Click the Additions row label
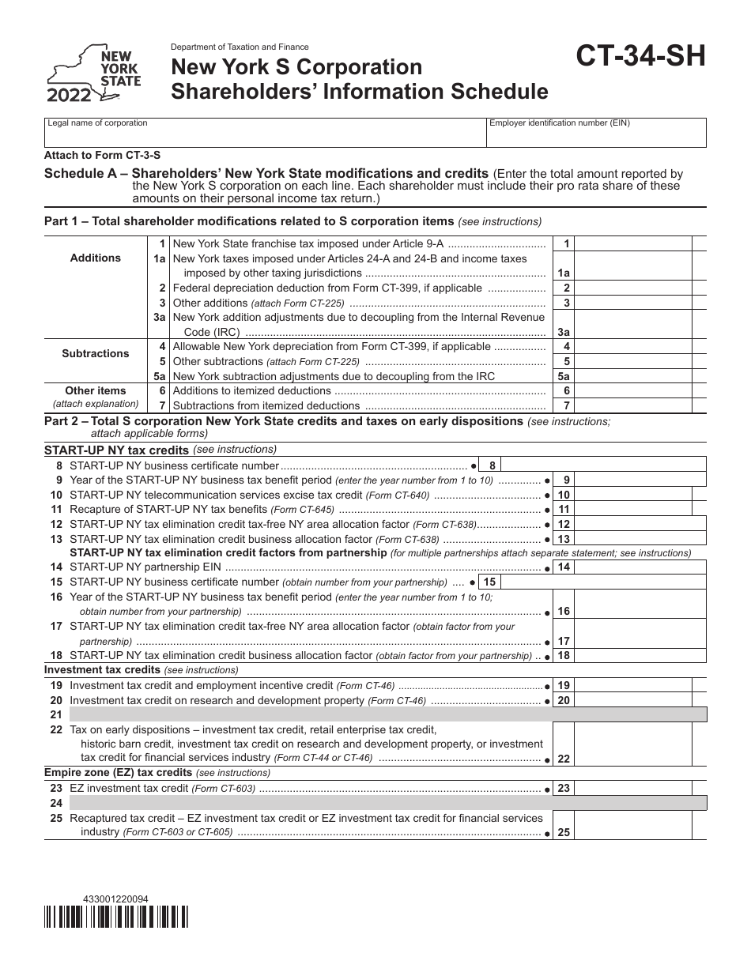click(x=96, y=258)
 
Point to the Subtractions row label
click(x=96, y=353)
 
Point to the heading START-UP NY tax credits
click(x=117, y=450)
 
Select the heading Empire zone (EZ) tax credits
click(x=119, y=773)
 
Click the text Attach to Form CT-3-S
click(x=96, y=156)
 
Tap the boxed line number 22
click(x=564, y=759)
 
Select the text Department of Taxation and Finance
click(x=240, y=47)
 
